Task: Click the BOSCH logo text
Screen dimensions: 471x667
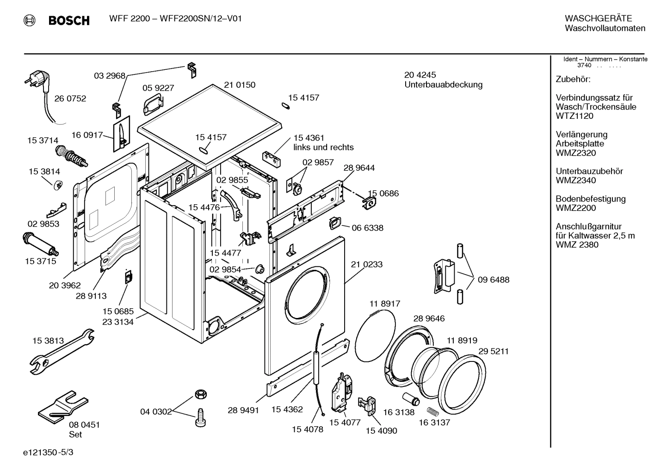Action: (x=69, y=20)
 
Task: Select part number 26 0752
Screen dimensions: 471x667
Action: (x=70, y=98)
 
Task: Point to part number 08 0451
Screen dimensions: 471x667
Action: (x=84, y=425)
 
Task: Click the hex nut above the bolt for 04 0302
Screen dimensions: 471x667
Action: (x=200, y=394)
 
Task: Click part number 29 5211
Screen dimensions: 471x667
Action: (x=493, y=351)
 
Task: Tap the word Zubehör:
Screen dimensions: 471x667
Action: (x=573, y=80)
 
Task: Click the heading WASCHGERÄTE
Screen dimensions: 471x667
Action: (x=598, y=18)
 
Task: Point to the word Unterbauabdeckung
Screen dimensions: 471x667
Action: (x=443, y=85)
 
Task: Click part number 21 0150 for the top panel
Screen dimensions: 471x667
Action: (x=240, y=85)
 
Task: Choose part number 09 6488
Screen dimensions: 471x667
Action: (x=494, y=280)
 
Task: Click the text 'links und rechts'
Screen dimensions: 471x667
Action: (x=323, y=147)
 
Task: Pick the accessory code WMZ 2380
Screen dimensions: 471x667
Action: (x=577, y=245)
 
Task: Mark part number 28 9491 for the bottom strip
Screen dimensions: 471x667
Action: (x=243, y=410)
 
